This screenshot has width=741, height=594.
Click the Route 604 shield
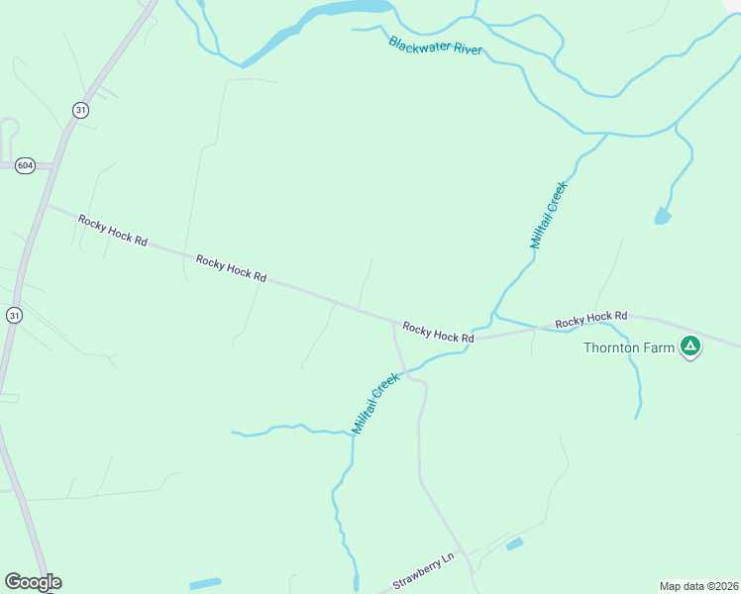click(26, 165)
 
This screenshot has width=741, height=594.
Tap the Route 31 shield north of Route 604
click(80, 109)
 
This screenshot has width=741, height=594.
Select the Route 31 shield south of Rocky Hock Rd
click(14, 315)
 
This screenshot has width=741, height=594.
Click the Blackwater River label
click(436, 46)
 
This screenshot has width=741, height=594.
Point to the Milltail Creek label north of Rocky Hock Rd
click(547, 215)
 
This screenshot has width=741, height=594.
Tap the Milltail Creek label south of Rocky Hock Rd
click(375, 403)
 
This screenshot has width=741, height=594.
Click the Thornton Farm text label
click(629, 347)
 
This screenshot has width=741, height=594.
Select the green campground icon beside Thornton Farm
click(690, 347)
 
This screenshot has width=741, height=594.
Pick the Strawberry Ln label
click(422, 571)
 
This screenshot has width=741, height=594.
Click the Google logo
click(33, 582)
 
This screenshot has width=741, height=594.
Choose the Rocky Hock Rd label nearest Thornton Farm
click(591, 320)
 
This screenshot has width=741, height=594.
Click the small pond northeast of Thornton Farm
click(662, 216)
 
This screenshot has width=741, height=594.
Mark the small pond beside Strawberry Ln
click(514, 544)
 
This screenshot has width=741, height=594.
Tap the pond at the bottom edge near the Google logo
click(205, 583)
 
